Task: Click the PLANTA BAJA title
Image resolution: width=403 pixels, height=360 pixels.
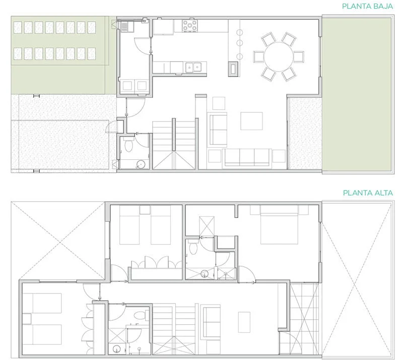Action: (x=367, y=6)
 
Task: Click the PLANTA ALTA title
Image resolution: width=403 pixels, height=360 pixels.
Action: (x=368, y=193)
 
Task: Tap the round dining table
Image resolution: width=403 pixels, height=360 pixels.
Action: (x=279, y=57)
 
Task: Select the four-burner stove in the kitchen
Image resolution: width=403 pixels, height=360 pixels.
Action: (x=190, y=26)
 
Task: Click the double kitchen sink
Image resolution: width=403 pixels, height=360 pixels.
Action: (x=193, y=68)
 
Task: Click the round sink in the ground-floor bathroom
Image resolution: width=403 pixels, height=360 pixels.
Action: (x=141, y=164)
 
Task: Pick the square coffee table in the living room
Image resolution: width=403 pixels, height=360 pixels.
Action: (x=251, y=121)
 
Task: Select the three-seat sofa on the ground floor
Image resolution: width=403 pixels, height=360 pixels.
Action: (x=247, y=157)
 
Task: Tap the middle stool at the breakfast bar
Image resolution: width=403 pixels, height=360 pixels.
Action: (x=240, y=43)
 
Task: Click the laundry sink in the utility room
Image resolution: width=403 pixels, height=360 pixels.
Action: (x=125, y=27)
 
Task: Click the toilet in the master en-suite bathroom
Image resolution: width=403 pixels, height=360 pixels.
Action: (x=192, y=247)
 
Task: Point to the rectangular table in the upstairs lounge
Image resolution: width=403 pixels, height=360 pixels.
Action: (x=244, y=322)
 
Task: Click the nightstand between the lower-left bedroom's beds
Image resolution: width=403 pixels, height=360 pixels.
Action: (x=27, y=319)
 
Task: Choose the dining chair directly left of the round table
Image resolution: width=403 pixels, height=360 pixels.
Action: (x=258, y=57)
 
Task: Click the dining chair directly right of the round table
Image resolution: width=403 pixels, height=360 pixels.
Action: (x=299, y=57)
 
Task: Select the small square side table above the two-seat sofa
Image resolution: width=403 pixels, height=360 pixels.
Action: (x=219, y=103)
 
